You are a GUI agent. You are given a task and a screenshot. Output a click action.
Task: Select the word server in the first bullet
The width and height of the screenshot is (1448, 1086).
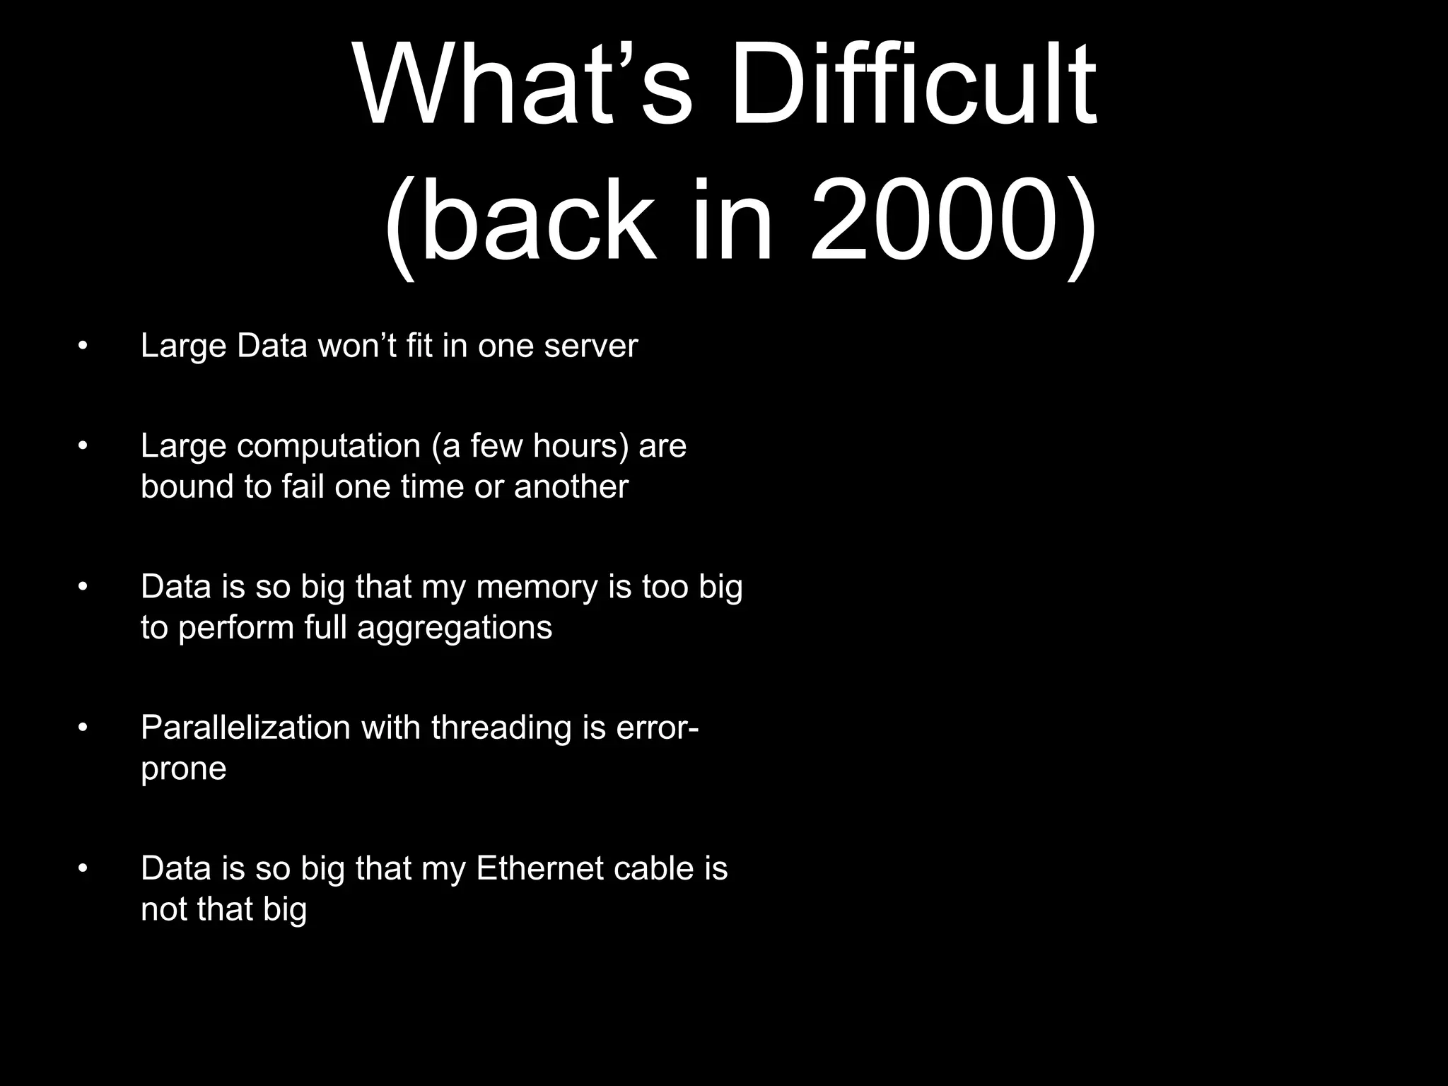pyautogui.click(x=590, y=346)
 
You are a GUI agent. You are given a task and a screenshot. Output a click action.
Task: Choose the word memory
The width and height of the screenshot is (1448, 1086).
pyautogui.click(x=537, y=588)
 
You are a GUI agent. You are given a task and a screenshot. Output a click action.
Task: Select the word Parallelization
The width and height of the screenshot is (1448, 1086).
pyautogui.click(x=245, y=728)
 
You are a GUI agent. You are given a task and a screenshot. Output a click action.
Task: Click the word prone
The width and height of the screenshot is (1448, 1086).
pyautogui.click(x=183, y=769)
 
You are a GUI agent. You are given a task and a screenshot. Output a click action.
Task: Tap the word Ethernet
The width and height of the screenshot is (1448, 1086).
pyautogui.click(x=530, y=868)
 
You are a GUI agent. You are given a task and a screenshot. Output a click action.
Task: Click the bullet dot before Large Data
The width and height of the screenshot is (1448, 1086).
pyautogui.click(x=83, y=346)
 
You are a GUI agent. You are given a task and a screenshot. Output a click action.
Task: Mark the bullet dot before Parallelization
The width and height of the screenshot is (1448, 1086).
pyautogui.click(x=83, y=728)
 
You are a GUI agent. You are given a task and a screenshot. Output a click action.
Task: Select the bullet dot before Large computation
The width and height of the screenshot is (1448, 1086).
pyautogui.click(x=83, y=446)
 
